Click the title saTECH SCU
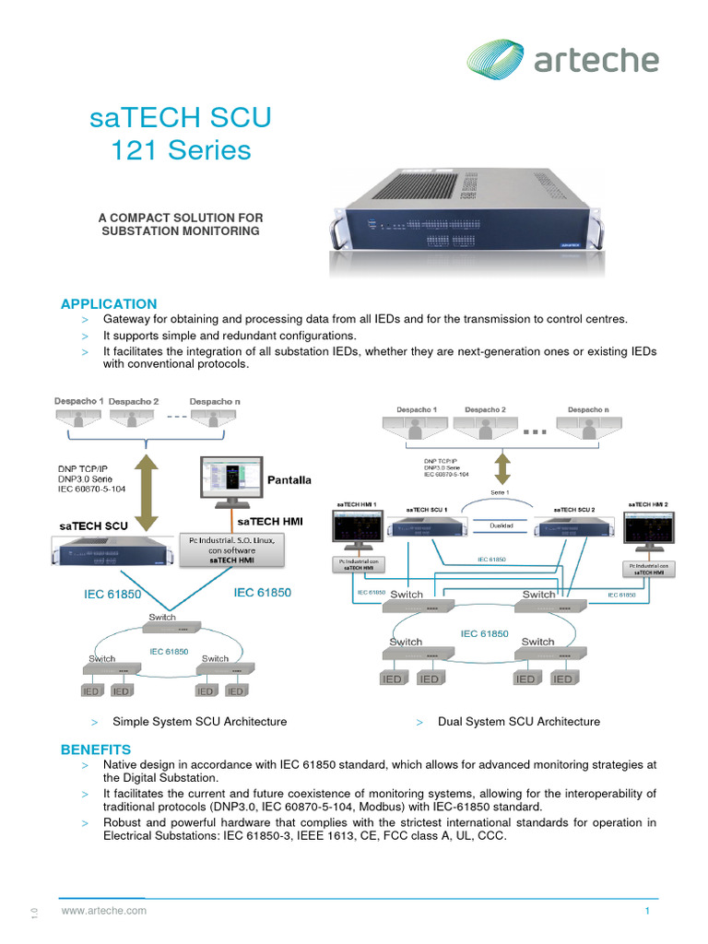point(181,119)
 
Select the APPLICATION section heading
point(109,303)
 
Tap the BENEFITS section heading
point(96,749)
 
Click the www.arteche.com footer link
point(104,911)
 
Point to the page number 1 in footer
point(648,911)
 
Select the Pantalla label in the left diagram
point(289,480)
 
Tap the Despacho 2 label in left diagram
point(134,402)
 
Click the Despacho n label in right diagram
point(587,409)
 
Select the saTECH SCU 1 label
point(426,509)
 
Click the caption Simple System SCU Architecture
point(199,722)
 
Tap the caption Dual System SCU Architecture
point(518,722)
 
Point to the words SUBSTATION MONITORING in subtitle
point(181,230)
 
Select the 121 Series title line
point(181,151)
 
